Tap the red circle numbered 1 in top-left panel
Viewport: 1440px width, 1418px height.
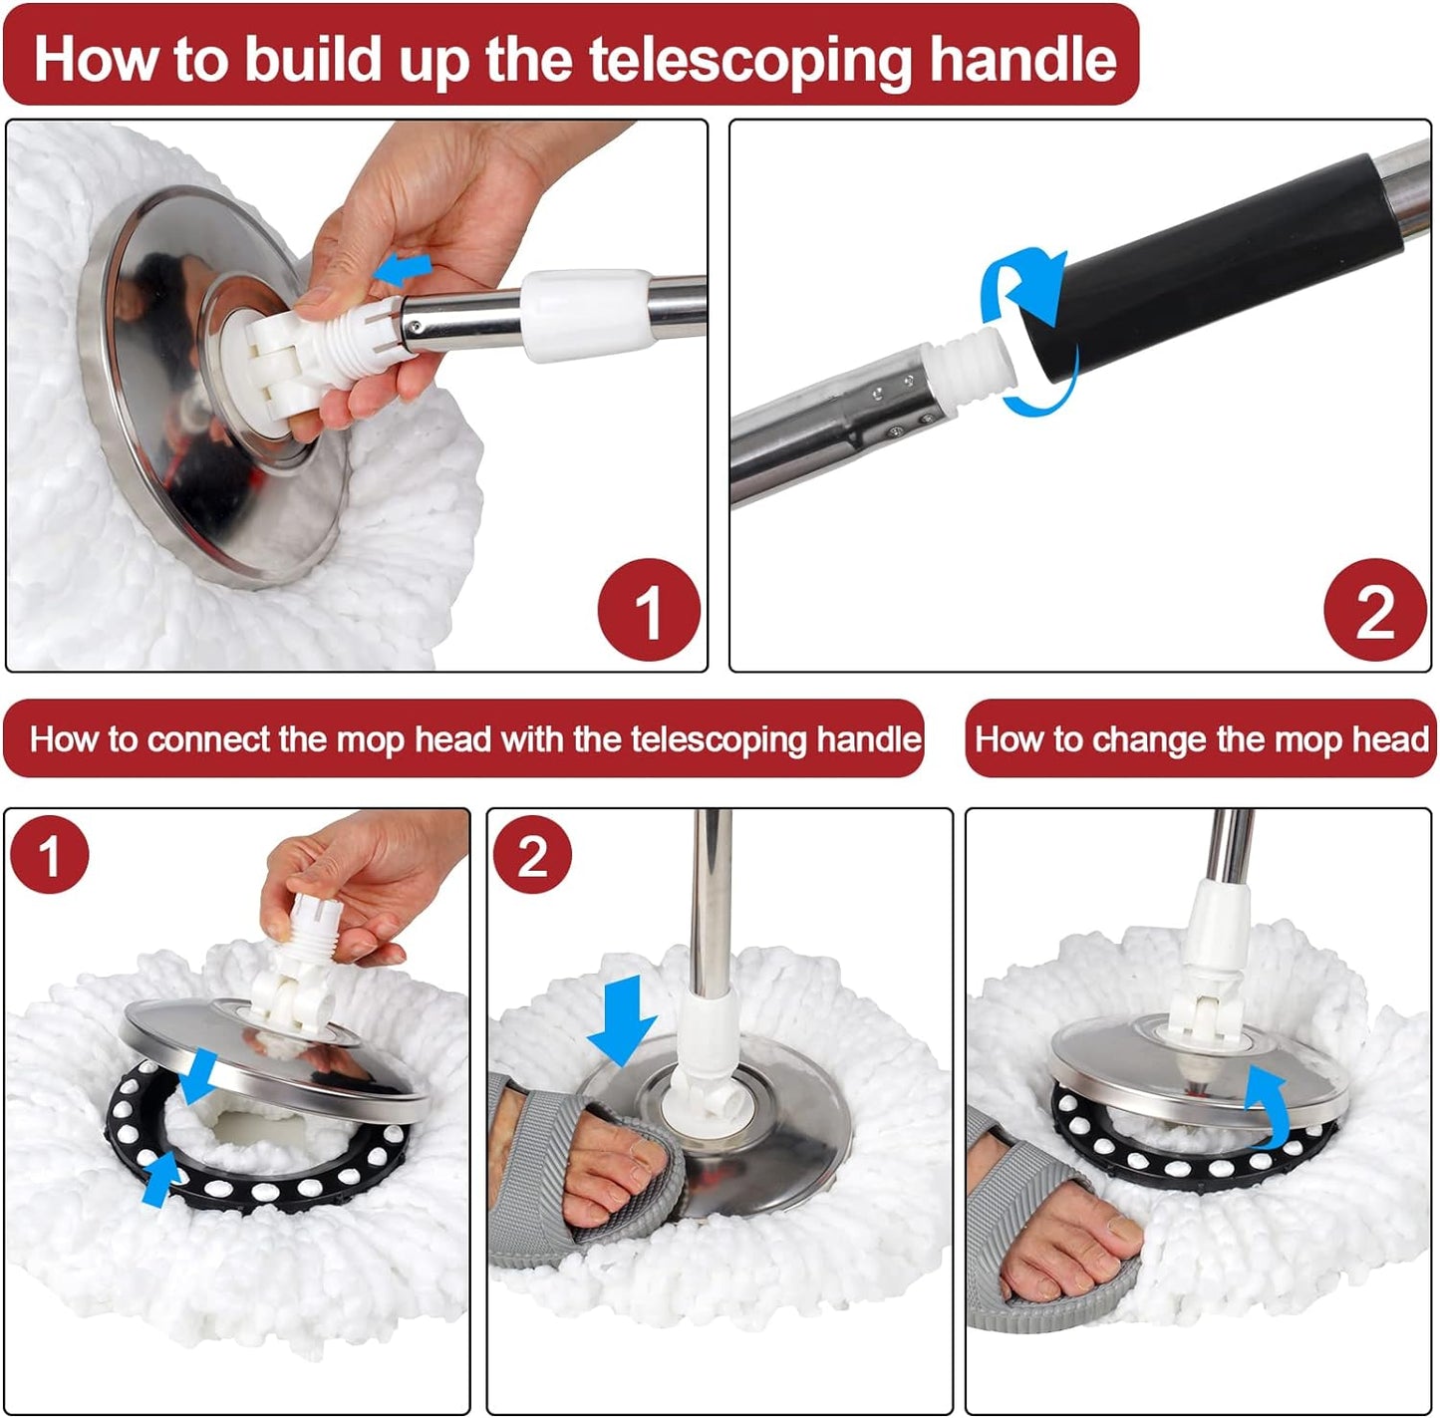coord(649,610)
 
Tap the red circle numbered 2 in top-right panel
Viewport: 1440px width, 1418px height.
coord(1375,610)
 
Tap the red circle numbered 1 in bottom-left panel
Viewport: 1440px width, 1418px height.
coord(50,855)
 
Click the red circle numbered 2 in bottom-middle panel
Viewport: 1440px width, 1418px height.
coord(532,855)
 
